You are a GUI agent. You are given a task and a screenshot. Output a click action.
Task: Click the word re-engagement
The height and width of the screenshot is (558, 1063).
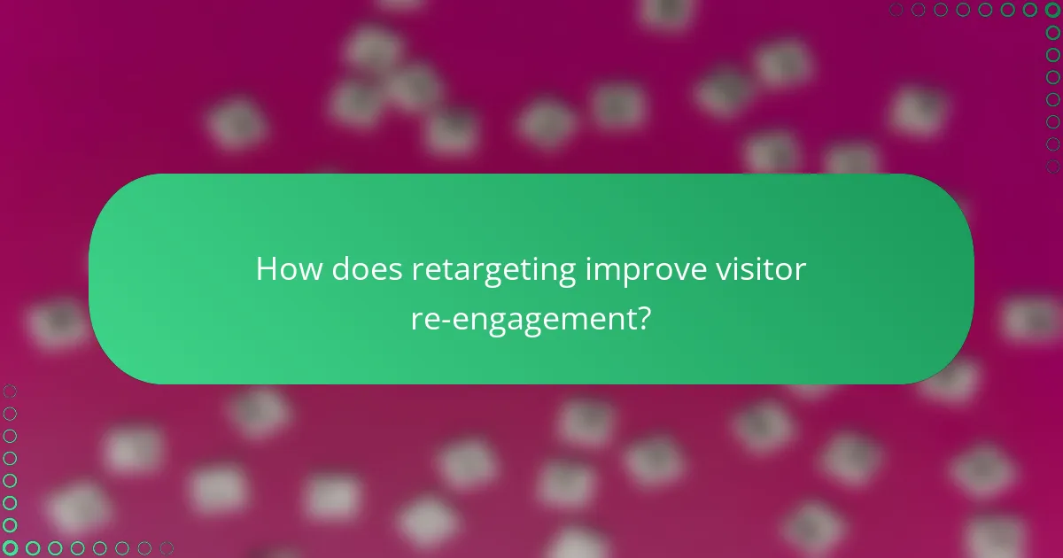(524, 318)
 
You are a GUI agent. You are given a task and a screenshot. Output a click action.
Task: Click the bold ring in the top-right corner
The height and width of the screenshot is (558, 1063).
(1052, 10)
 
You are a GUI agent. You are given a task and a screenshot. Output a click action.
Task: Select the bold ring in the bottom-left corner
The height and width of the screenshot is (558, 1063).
(10, 548)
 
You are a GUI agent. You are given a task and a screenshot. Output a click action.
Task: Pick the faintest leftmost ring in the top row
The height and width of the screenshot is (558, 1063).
(896, 10)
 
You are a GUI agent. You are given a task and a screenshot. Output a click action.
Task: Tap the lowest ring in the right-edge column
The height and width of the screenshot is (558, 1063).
(1052, 166)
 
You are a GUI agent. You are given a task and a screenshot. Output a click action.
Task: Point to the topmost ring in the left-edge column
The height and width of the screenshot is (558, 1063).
(10, 391)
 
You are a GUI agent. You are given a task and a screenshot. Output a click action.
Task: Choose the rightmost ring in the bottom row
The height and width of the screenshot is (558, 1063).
(167, 548)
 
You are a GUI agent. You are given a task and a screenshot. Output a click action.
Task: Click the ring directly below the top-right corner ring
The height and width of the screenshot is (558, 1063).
(1052, 33)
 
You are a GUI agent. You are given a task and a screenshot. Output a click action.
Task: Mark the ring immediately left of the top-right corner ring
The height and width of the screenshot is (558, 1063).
(1030, 10)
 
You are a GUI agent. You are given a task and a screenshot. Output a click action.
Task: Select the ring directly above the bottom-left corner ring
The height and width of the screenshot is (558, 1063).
(10, 525)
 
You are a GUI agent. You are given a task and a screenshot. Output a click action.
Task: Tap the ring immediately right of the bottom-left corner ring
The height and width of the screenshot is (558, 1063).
(33, 548)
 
